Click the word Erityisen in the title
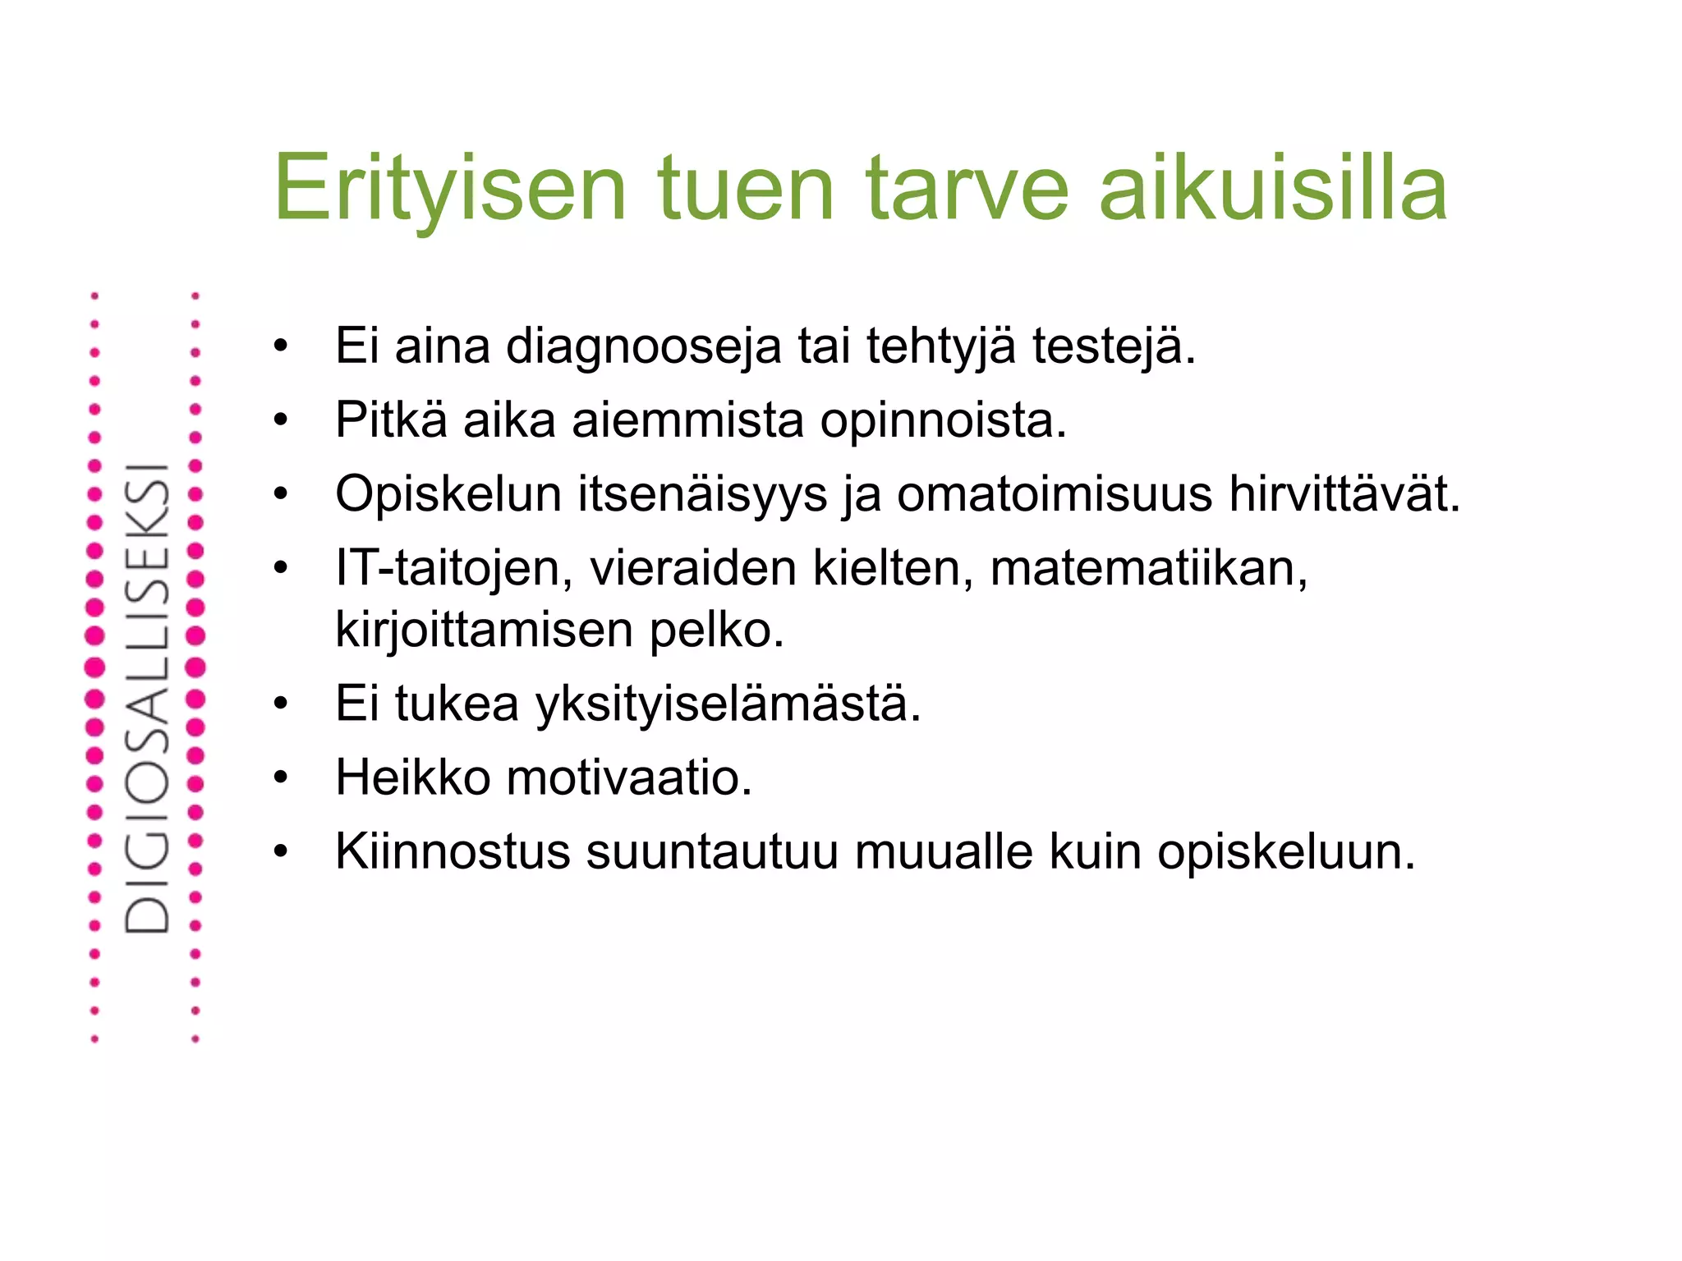[x=450, y=190]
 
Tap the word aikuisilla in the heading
[x=1273, y=190]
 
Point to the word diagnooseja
[x=643, y=346]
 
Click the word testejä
[x=1114, y=346]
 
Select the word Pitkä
[x=391, y=420]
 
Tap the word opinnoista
[x=943, y=420]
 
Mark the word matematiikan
[x=1148, y=569]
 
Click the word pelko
[x=717, y=630]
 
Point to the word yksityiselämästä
[x=728, y=704]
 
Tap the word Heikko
[x=413, y=777]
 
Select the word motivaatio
[x=629, y=777]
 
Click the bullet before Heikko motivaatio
[x=282, y=777]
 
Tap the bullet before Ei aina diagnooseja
[x=282, y=346]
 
